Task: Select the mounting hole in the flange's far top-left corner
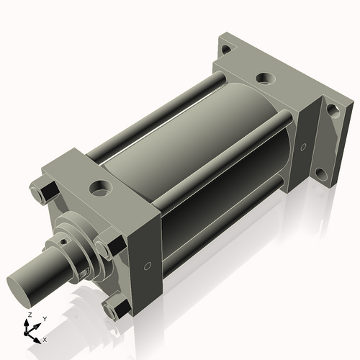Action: point(225,50)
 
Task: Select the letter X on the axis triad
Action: point(45,338)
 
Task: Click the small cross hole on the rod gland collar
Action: point(84,272)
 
